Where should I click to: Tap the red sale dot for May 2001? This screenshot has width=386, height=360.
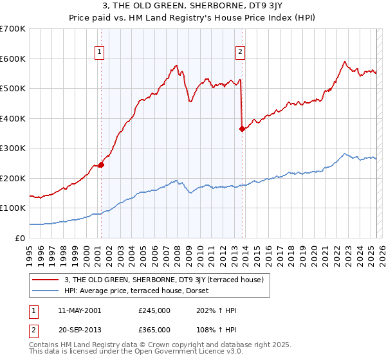[101, 165]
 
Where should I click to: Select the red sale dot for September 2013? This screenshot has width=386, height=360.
[242, 129]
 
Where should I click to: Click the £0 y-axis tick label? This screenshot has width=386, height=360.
[21, 238]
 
